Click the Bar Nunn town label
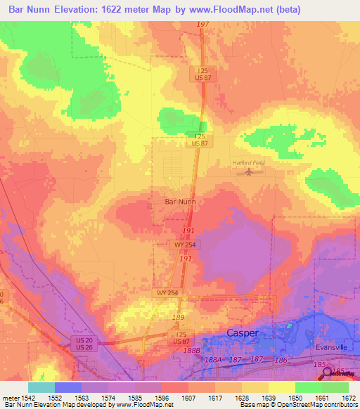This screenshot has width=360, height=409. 179,201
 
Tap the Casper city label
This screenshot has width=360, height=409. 242,332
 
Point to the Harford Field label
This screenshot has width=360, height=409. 247,163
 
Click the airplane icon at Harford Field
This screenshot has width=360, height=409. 247,173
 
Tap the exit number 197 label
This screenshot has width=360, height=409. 203,25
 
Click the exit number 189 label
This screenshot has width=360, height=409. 179,318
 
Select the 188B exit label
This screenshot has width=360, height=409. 192,350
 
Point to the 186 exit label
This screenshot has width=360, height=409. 281,359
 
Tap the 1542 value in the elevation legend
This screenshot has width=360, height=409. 29,397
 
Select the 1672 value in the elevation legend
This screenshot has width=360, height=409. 349,397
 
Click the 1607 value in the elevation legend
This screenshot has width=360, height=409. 188,397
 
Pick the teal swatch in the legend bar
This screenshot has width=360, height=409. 41,387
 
